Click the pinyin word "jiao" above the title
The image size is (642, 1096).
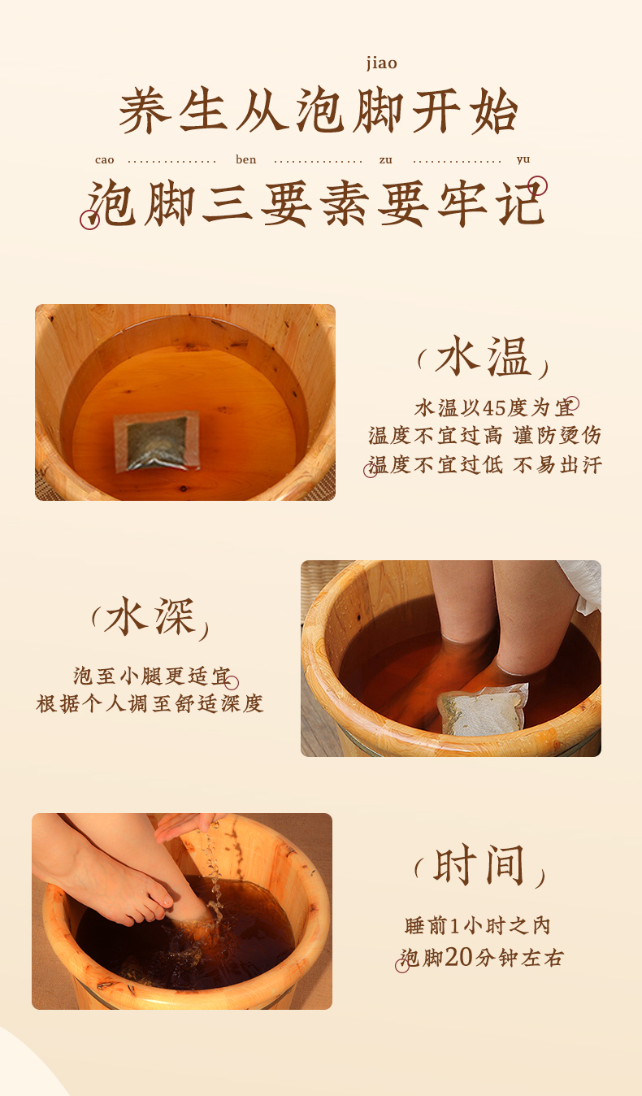tap(382, 63)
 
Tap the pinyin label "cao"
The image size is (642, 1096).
tap(105, 160)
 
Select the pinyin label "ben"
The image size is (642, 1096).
tap(246, 159)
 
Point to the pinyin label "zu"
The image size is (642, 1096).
tap(386, 160)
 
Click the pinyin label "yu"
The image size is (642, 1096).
tap(523, 160)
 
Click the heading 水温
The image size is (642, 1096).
tap(483, 356)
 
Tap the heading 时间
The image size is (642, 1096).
tap(479, 866)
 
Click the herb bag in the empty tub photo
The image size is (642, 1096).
tap(157, 441)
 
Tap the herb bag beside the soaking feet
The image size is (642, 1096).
tap(483, 708)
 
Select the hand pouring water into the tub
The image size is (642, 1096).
tap(189, 826)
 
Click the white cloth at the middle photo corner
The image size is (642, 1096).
tap(582, 584)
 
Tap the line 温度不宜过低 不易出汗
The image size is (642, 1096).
tap(484, 465)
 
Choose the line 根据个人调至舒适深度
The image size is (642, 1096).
tap(150, 703)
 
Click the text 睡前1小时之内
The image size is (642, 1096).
tap(477, 925)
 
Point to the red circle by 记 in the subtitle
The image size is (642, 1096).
tap(538, 185)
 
